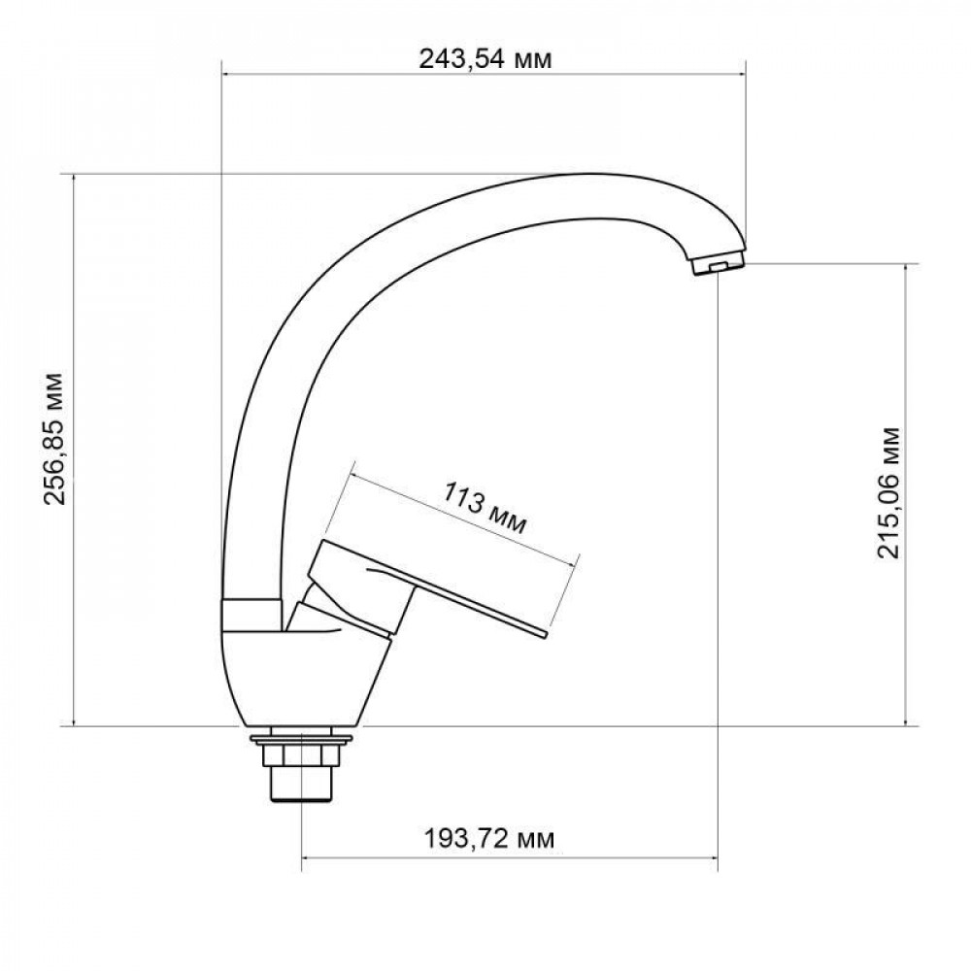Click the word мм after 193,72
[535, 837]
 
